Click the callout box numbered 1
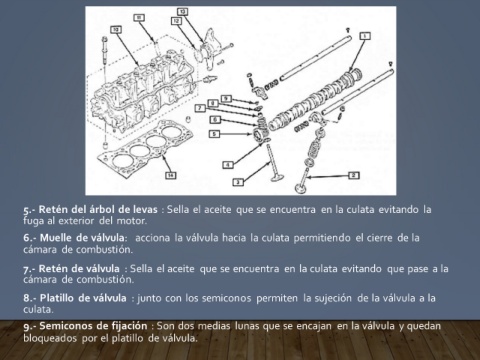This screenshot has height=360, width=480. tap(365, 36)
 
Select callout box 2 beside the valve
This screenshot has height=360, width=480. tap(354, 175)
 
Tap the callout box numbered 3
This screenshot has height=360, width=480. tap(238, 182)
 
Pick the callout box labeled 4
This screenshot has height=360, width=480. tap(228, 165)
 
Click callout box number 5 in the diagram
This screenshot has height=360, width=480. tap(214, 134)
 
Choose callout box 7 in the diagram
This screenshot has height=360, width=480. tap(200, 108)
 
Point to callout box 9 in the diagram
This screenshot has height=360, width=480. tap(226, 98)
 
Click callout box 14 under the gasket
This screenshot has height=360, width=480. tap(171, 175)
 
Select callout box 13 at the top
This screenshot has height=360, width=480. tap(182, 12)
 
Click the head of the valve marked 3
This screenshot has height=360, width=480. tap(276, 177)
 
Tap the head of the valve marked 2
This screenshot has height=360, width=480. tap(301, 188)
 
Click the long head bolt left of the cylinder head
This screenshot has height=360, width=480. tap(105, 58)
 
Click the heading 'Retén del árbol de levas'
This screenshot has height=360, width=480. tap(98, 209)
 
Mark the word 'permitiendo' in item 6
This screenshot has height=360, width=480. tap(322, 238)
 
